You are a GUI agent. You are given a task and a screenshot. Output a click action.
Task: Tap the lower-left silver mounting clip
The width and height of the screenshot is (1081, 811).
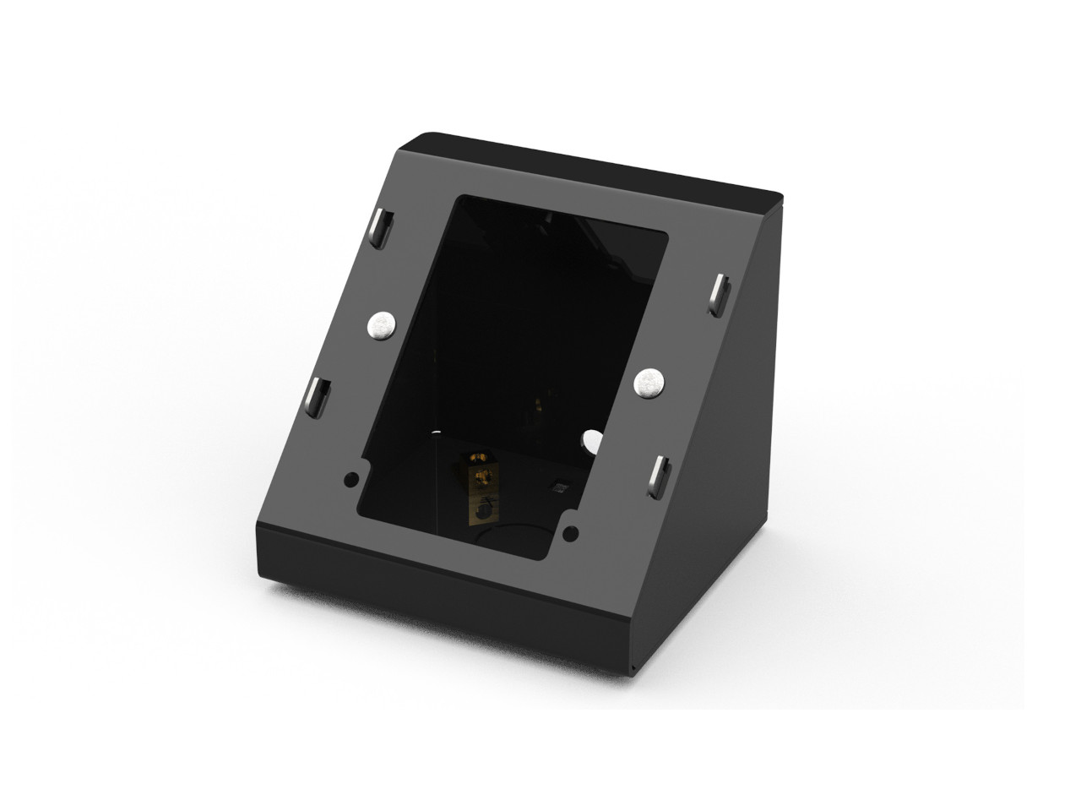tap(318, 395)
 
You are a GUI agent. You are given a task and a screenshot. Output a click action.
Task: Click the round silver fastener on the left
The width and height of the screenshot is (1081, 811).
tap(382, 324)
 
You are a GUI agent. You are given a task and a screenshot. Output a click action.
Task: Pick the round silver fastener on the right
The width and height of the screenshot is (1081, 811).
tap(649, 383)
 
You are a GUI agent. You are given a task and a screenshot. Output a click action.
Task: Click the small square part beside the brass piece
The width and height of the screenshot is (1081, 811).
tap(557, 487)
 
